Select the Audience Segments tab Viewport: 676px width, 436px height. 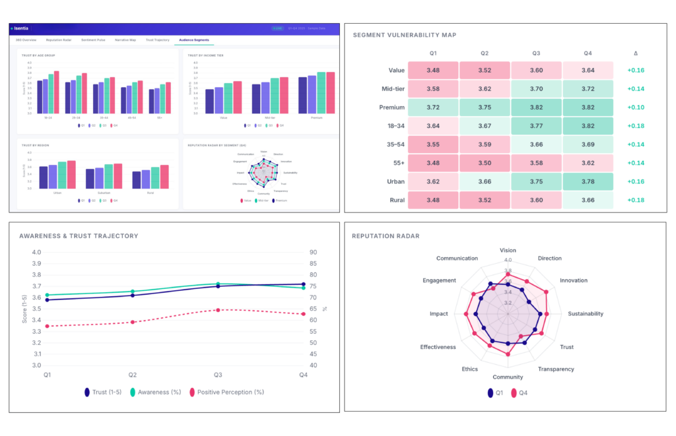tap(194, 40)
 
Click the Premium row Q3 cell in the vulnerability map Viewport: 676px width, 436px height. tap(536, 108)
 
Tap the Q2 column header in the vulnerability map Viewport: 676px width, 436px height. tap(484, 52)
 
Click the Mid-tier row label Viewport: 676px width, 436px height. tap(389, 88)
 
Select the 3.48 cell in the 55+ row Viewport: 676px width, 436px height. tap(432, 163)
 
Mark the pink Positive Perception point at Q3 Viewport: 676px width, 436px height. tap(218, 310)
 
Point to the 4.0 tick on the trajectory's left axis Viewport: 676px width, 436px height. tap(36, 252)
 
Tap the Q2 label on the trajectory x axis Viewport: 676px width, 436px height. tap(133, 375)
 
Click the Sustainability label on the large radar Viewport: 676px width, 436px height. tap(585, 314)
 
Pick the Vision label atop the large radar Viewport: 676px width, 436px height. tap(508, 251)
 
